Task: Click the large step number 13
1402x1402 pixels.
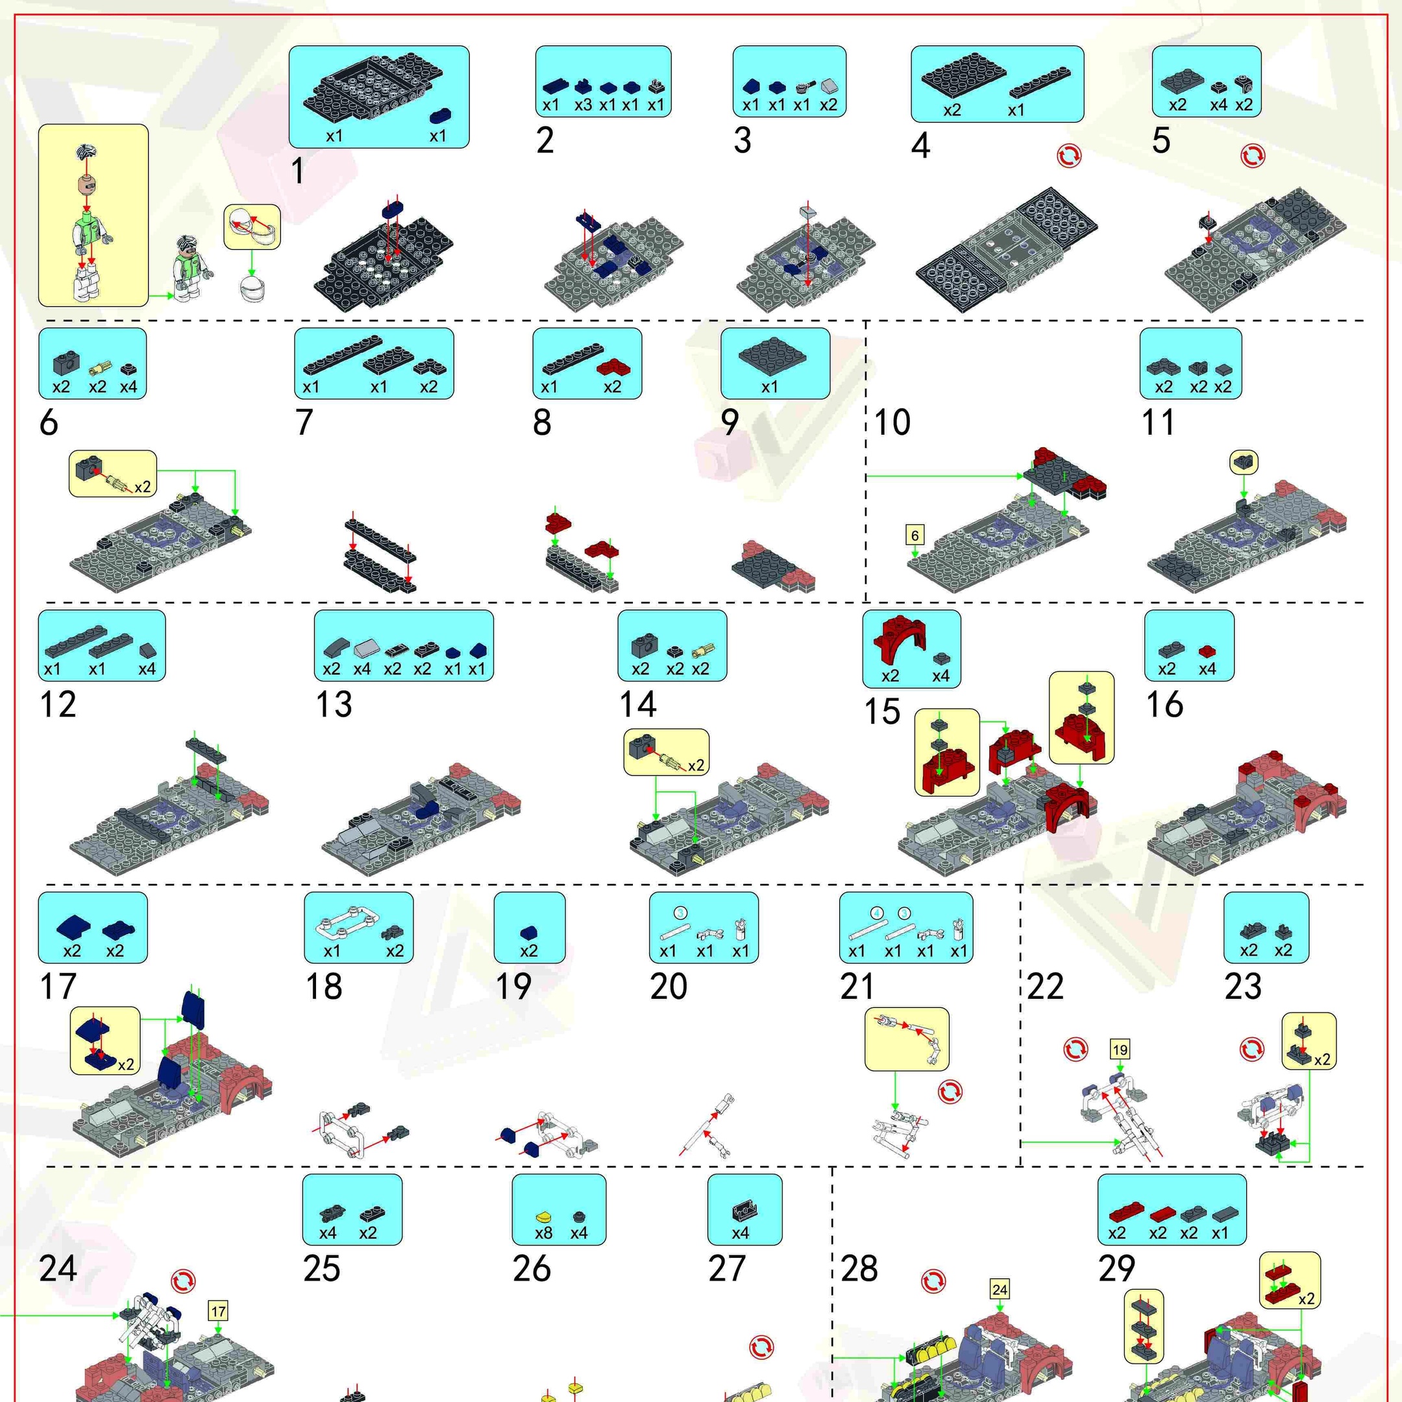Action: [x=334, y=704]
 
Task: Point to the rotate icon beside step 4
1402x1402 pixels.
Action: [x=1069, y=155]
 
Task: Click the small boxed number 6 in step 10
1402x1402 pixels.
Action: [x=915, y=535]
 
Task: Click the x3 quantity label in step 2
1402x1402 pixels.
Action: [x=584, y=105]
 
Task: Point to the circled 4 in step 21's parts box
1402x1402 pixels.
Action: [x=877, y=913]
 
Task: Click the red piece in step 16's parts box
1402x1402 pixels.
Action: [x=1206, y=650]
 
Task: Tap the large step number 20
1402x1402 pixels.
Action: [x=669, y=986]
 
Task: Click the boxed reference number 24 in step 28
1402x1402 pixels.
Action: [x=1000, y=1290]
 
